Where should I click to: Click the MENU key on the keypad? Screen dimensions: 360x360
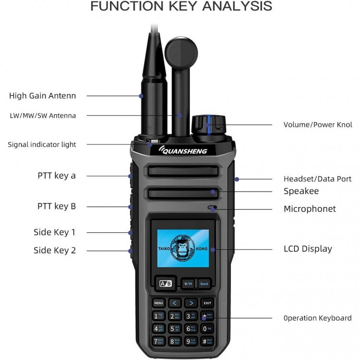[x=159, y=303]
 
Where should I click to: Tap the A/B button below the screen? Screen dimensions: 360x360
[x=165, y=284]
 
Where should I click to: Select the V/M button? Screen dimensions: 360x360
[x=188, y=284]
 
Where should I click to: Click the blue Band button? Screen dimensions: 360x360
[x=204, y=284]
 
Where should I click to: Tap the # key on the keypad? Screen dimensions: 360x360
[x=206, y=341]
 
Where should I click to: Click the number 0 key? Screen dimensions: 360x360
[x=206, y=328]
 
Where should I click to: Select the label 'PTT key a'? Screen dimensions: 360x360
[x=57, y=176]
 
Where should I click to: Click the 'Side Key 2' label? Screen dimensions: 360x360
[x=55, y=250]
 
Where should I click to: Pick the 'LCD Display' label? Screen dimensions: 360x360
[x=308, y=249]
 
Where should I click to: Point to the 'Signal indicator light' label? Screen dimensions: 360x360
[x=42, y=144]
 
